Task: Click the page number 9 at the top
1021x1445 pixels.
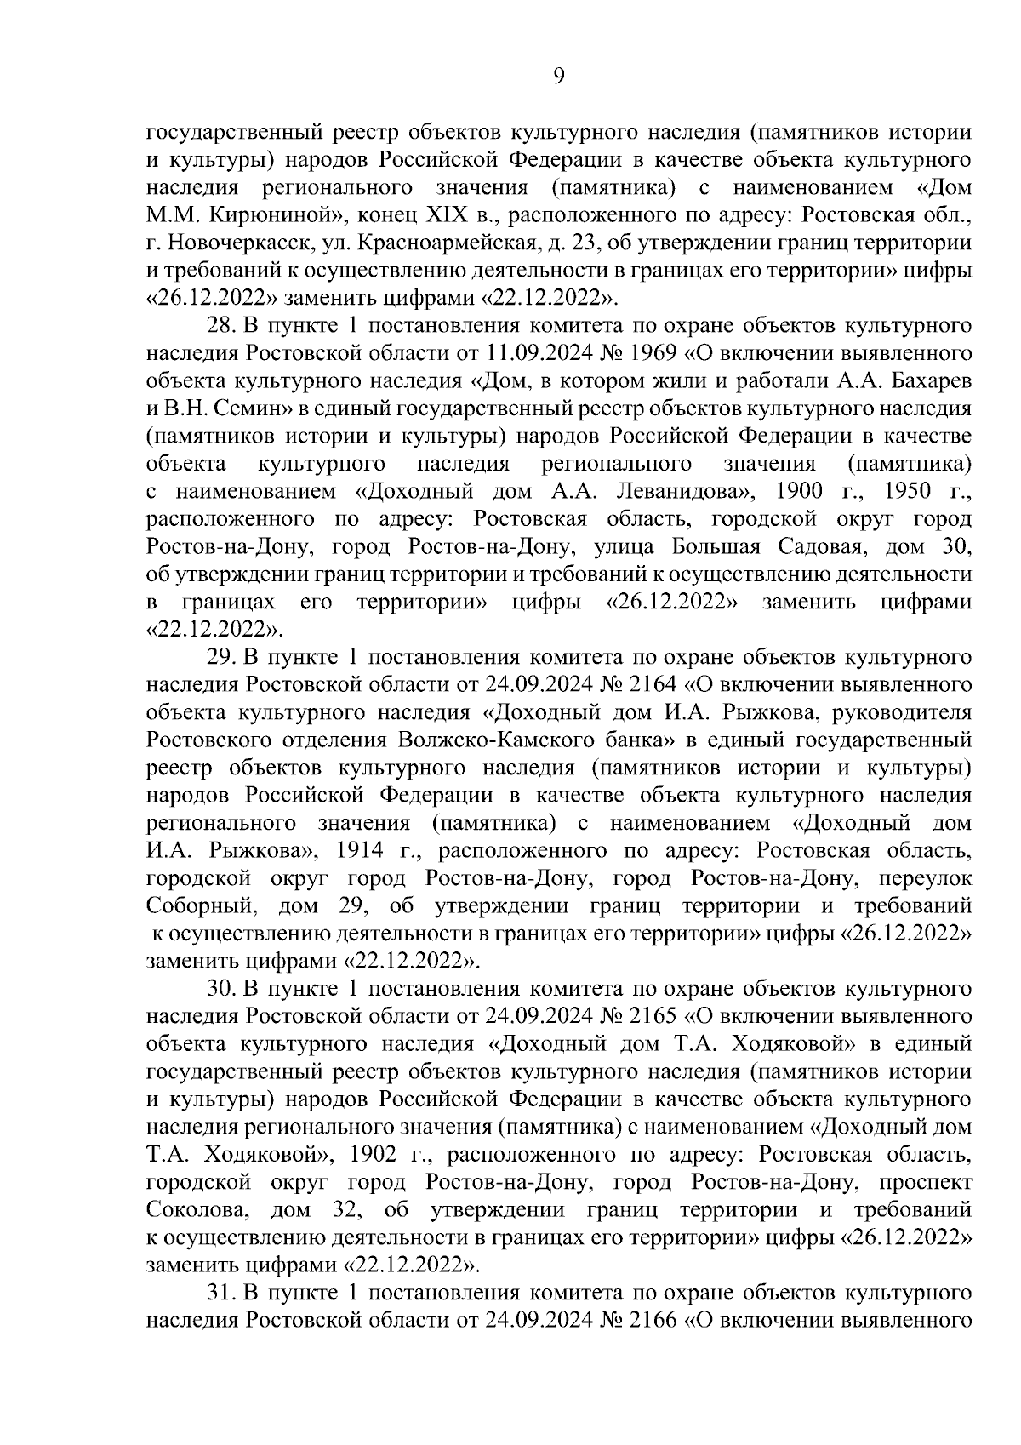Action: coord(558,77)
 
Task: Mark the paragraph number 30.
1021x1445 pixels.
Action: coord(222,989)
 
